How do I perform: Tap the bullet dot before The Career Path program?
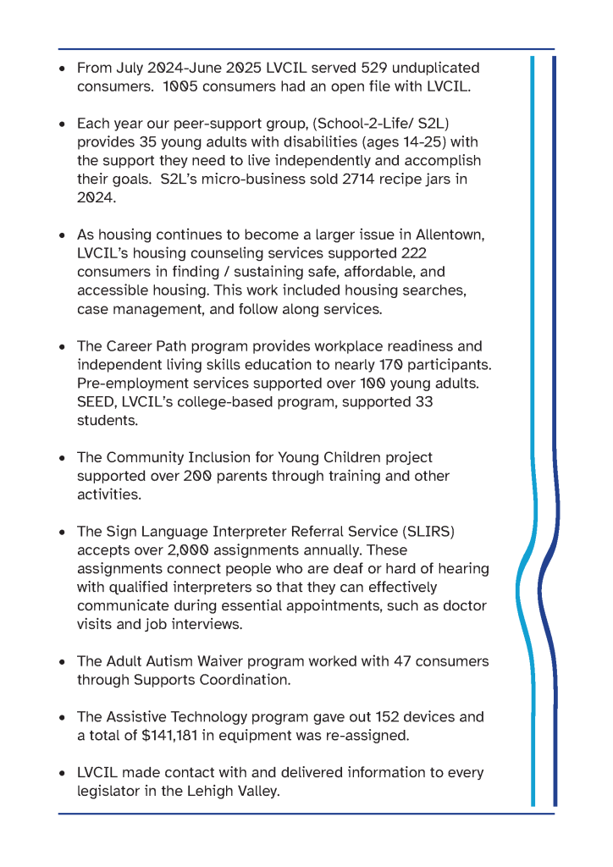pos(63,347)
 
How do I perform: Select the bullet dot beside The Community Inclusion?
pos(63,458)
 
